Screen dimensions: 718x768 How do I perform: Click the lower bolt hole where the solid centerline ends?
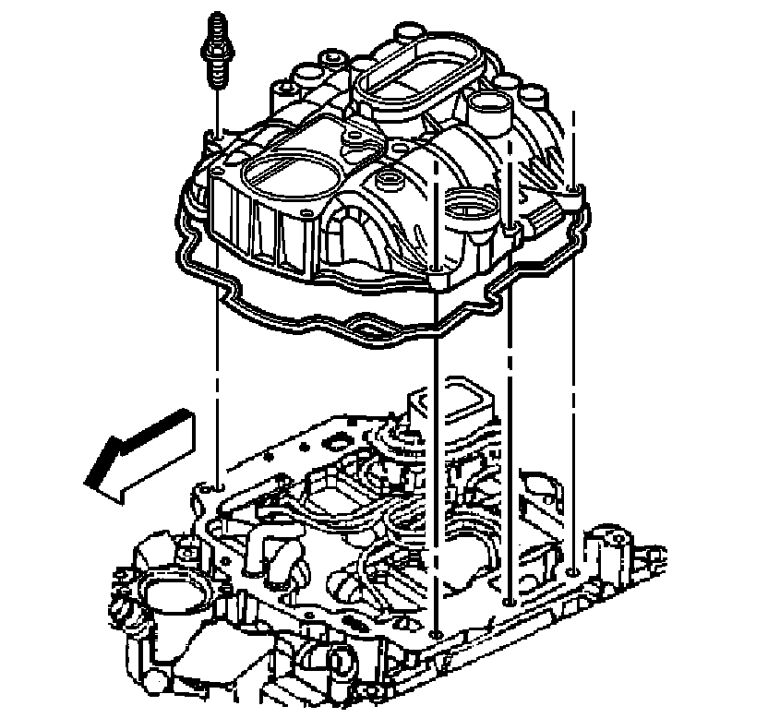click(435, 635)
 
